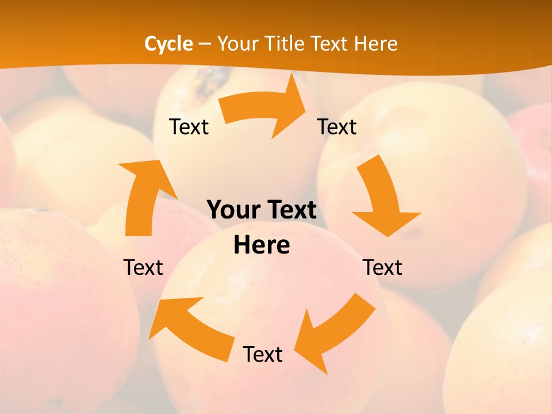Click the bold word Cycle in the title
point(168,44)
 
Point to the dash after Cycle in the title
point(205,44)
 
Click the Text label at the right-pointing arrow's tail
point(189,127)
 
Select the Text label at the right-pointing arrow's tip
point(337,127)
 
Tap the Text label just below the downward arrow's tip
point(382,267)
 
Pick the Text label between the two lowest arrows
point(263,355)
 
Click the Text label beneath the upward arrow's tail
point(143,267)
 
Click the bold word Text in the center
point(290,210)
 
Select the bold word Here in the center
point(262,245)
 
